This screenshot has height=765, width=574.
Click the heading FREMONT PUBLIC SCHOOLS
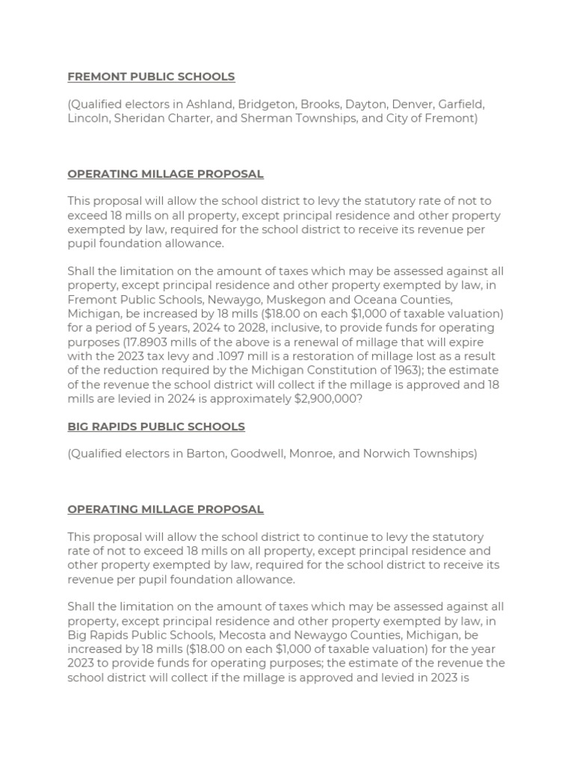point(151,76)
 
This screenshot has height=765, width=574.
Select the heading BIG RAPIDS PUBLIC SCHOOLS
point(156,427)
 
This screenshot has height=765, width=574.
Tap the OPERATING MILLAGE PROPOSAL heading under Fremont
point(165,174)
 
